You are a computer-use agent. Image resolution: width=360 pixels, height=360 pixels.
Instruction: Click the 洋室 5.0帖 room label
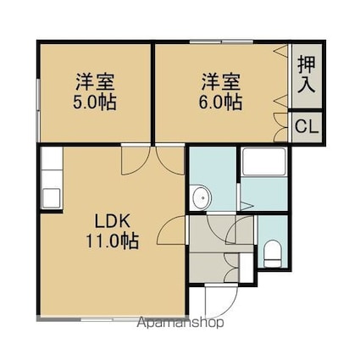pyautogui.click(x=95, y=91)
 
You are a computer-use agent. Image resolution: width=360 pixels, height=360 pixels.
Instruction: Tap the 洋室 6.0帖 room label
pyautogui.click(x=220, y=91)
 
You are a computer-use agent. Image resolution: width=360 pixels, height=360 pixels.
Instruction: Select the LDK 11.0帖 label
pyautogui.click(x=112, y=231)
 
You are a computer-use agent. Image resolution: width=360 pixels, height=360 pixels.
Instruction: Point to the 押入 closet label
pyautogui.click(x=307, y=75)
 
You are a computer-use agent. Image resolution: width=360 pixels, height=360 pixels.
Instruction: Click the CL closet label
pyautogui.click(x=307, y=127)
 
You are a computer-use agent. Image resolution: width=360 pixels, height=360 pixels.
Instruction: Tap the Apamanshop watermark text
pyautogui.click(x=180, y=323)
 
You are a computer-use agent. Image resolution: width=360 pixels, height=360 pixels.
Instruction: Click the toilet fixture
pyautogui.click(x=273, y=253)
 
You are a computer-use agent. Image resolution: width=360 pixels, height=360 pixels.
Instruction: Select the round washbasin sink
pyautogui.click(x=201, y=197)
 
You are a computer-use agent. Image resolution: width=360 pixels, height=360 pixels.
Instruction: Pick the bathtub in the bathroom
pyautogui.click(x=264, y=162)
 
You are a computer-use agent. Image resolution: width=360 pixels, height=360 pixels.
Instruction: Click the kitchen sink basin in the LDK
pyautogui.click(x=52, y=198)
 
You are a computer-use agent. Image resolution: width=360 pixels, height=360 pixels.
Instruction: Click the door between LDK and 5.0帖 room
pyautogui.click(x=136, y=160)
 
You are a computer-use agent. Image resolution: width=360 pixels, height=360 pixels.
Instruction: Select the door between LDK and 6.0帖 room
pyautogui.click(x=170, y=160)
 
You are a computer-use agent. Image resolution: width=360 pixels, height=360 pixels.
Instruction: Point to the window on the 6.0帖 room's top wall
pyautogui.click(x=221, y=42)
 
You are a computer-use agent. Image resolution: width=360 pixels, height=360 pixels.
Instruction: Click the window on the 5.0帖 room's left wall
pyautogui.click(x=38, y=110)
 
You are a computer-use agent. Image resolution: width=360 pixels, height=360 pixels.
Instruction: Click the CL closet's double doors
pyautogui.click(x=281, y=127)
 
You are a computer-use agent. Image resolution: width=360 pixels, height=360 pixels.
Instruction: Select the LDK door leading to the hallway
pyautogui.click(x=172, y=230)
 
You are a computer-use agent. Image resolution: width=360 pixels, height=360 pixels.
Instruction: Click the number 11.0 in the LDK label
pyautogui.click(x=102, y=241)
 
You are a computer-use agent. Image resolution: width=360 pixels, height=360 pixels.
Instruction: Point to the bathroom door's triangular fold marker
pyautogui.click(x=246, y=206)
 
